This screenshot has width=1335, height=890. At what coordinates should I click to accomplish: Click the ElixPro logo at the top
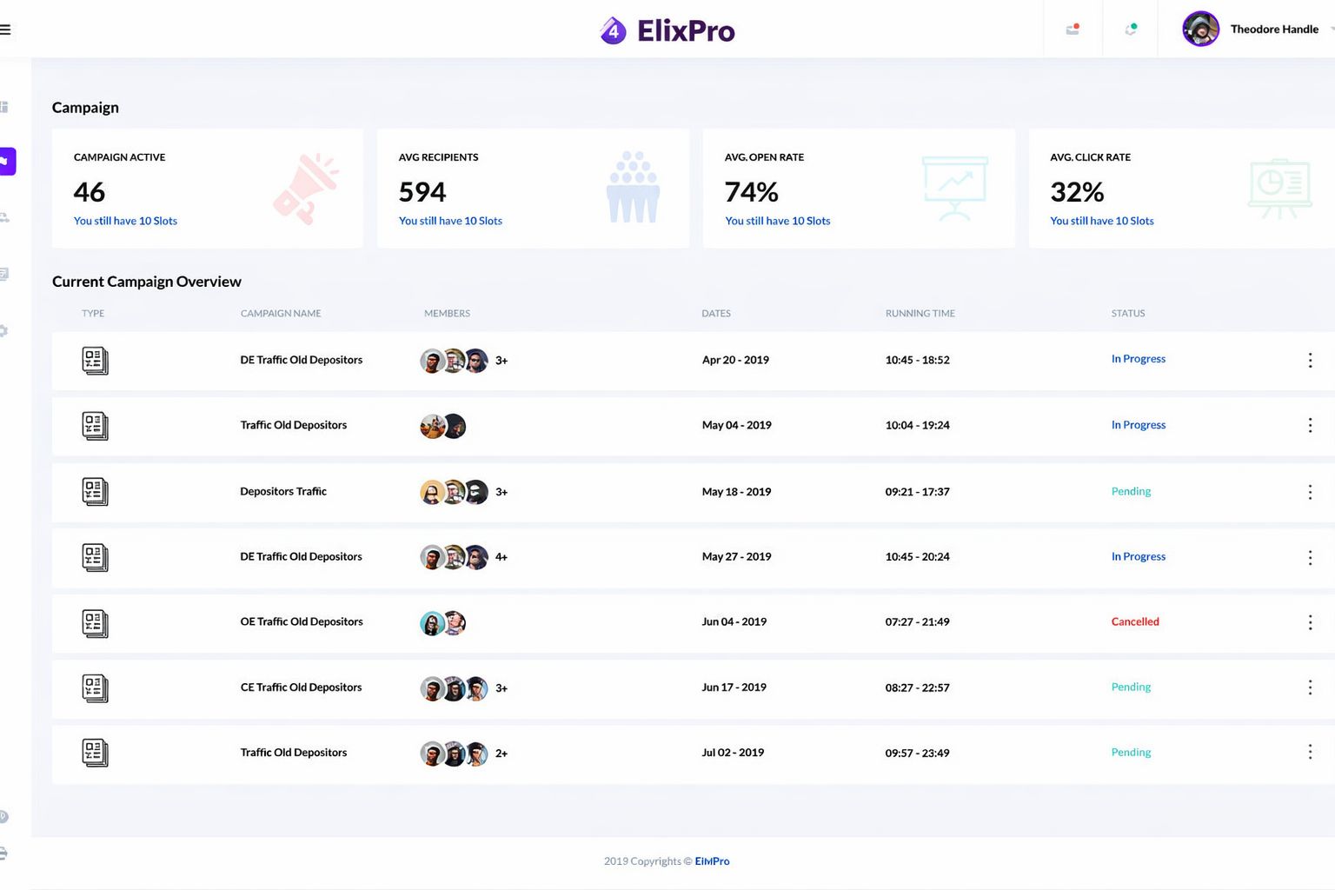[x=667, y=30]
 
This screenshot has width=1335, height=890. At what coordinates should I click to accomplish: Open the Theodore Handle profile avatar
[x=1200, y=30]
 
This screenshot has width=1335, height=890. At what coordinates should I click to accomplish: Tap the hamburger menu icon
[x=5, y=30]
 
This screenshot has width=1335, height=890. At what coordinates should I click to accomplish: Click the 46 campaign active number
[x=90, y=191]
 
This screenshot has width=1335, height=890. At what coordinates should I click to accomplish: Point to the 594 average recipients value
[x=422, y=191]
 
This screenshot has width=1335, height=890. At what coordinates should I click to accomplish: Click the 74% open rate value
[x=751, y=191]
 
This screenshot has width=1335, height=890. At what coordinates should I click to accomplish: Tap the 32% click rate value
[x=1077, y=191]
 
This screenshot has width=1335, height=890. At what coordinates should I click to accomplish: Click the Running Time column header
[x=920, y=313]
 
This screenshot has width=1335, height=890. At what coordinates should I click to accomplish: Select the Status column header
[x=1127, y=313]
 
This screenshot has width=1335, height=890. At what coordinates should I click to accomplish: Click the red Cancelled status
[x=1134, y=621]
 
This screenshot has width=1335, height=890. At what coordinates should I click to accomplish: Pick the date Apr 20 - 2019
[x=735, y=360]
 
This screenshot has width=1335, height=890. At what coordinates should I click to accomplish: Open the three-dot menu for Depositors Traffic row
[x=1310, y=492]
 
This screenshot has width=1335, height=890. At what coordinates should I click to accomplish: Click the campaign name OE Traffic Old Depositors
[x=302, y=621]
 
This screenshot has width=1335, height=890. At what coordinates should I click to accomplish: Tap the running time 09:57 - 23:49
[x=917, y=753]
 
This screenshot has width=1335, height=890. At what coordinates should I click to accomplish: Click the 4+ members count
[x=501, y=557]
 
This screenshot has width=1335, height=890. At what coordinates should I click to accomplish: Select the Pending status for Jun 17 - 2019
[x=1131, y=687]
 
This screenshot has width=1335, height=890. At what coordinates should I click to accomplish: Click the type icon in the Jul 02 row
[x=95, y=753]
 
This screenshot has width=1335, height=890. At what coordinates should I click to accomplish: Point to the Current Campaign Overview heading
[x=147, y=282]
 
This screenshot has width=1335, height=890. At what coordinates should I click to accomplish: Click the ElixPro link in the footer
[x=712, y=861]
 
